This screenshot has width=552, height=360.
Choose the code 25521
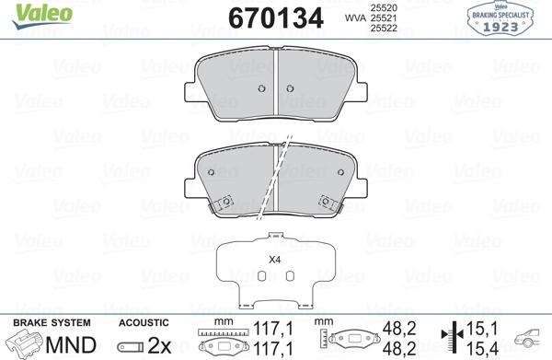pyautogui.click(x=384, y=17)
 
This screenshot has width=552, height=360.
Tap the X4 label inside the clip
pyautogui.click(x=273, y=260)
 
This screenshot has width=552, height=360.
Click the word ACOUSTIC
pyautogui.click(x=144, y=323)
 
